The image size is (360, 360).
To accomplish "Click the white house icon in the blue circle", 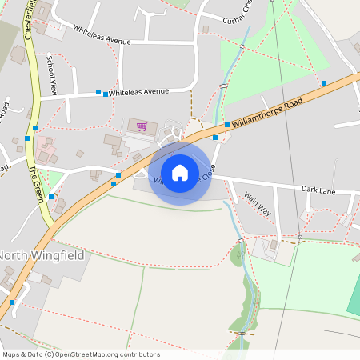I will [x=180, y=173].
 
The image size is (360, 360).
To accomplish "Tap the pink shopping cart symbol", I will [x=142, y=126].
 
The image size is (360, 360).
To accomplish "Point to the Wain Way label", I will [x=258, y=202].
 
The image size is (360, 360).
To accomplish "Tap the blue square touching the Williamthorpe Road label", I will [x=227, y=125].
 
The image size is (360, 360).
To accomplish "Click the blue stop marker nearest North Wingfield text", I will [x=12, y=302].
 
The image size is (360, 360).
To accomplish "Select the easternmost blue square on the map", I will [x=324, y=82].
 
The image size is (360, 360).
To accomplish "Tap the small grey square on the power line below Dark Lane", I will [x=301, y=237].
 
